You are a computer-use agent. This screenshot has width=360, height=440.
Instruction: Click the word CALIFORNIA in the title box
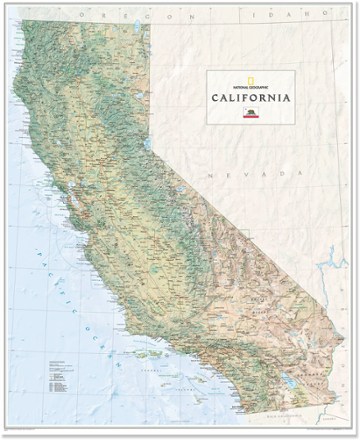252,97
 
